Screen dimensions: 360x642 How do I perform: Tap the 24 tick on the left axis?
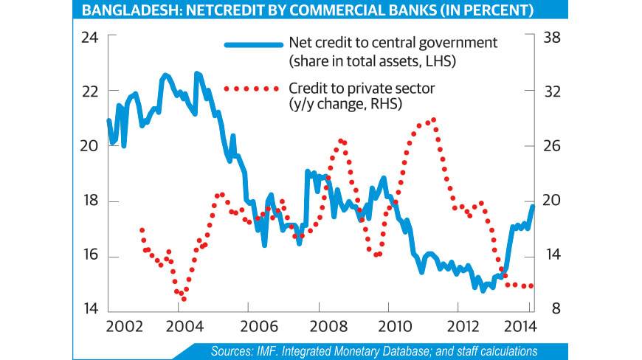89,37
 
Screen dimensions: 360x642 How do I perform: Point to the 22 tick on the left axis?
89,91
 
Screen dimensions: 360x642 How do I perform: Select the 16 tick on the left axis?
89,257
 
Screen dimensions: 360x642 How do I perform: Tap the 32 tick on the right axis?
554,91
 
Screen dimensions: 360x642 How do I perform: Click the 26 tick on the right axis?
554,146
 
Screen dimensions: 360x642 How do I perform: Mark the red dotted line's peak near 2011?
433,119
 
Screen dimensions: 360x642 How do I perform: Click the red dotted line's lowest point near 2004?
184,299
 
